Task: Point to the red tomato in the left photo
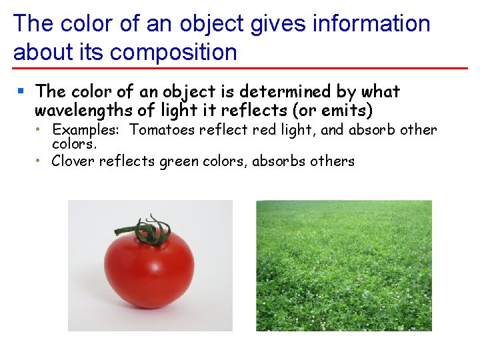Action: [x=149, y=270]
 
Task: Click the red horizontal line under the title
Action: [x=240, y=68]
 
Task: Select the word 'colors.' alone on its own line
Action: [x=74, y=143]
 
